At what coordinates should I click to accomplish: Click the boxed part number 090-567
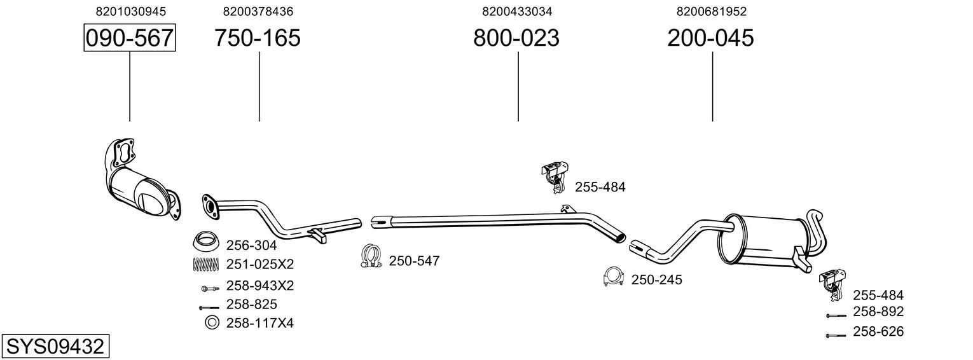(130, 38)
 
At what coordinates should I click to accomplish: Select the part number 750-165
(257, 38)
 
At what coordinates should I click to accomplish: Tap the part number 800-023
(516, 38)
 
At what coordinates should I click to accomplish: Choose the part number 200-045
(710, 38)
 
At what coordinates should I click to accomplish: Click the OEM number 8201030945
(131, 11)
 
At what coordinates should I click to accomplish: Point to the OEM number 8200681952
(712, 11)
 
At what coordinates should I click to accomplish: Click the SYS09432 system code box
(55, 346)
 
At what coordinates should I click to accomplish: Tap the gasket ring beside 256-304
(206, 241)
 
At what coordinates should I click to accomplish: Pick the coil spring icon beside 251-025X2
(206, 265)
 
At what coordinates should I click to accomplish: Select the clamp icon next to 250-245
(613, 277)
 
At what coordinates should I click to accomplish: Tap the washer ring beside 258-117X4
(212, 322)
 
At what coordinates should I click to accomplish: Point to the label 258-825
(251, 305)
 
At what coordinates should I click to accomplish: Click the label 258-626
(878, 332)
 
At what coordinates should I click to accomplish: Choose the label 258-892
(878, 312)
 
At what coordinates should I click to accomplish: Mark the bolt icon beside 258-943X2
(210, 288)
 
